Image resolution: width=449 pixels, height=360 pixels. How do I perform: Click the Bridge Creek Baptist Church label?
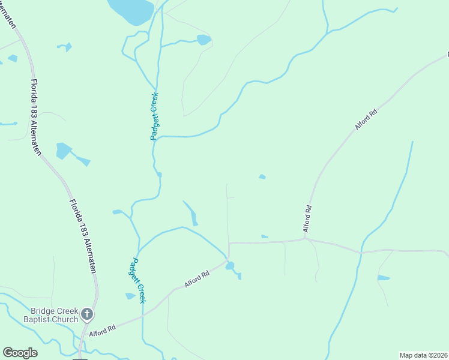click(x=55, y=315)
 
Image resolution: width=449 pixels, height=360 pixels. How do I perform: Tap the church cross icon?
click(x=87, y=314)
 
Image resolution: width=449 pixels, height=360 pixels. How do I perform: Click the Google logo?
click(x=20, y=353)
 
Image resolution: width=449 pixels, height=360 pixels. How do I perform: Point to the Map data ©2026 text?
click(x=423, y=355)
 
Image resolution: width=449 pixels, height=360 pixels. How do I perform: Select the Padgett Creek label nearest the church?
click(x=138, y=280)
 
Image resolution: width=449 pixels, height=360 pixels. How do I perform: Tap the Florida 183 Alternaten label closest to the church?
click(x=82, y=236)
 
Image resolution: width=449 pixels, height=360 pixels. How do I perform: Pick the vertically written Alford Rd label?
click(x=307, y=219)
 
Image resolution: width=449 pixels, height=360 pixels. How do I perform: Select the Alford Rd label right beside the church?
click(x=102, y=331)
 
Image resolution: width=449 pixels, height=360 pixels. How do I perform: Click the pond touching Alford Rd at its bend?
click(x=231, y=266)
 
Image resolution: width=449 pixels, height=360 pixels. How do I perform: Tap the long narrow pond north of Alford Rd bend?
click(x=190, y=213)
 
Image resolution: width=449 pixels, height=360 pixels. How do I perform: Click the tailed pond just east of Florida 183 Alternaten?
click(x=63, y=150)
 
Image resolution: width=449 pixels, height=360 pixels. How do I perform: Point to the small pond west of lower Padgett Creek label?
click(x=130, y=296)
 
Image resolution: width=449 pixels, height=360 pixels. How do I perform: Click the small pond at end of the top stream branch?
click(x=204, y=40)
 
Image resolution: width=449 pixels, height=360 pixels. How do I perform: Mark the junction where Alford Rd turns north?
click(x=306, y=239)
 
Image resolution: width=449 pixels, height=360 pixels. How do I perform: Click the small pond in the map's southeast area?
click(x=383, y=278)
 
